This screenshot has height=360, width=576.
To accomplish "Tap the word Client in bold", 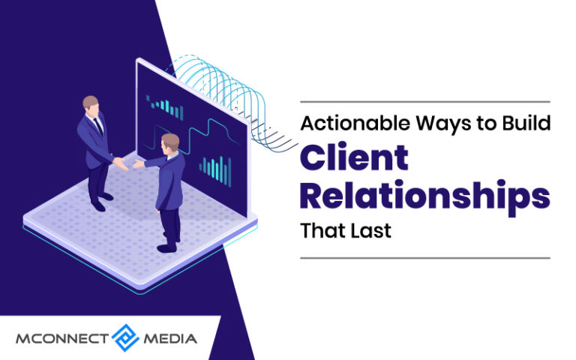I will pyautogui.click(x=354, y=157).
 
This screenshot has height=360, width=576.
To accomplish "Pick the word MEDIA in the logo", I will pyautogui.click(x=170, y=338).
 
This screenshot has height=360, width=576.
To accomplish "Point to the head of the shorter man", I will pyautogui.click(x=170, y=142).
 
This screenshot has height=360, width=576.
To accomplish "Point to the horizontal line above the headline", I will pyautogui.click(x=424, y=101).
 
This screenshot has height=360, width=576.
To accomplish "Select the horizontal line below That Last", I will pyautogui.click(x=424, y=257).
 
